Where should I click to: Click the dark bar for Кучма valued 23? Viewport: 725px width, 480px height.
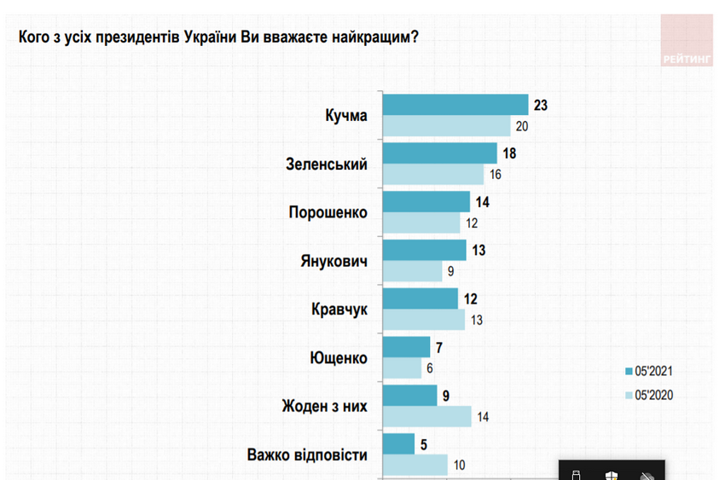pyautogui.click(x=455, y=104)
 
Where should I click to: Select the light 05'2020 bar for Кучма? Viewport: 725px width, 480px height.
pyautogui.click(x=446, y=126)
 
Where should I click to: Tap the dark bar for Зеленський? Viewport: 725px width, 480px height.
pyautogui.click(x=440, y=153)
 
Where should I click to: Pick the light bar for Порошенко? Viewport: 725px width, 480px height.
pyautogui.click(x=422, y=223)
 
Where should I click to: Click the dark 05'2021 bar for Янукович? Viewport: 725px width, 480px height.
pyautogui.click(x=425, y=250)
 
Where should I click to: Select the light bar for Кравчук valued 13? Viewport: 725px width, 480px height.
pyautogui.click(x=424, y=320)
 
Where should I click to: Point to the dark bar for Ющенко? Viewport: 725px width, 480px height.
pyautogui.click(x=407, y=346)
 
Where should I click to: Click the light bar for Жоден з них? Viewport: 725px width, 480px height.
pyautogui.click(x=427, y=417)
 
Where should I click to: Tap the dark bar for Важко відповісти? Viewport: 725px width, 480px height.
pyautogui.click(x=399, y=443)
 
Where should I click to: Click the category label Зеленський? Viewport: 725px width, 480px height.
pyautogui.click(x=325, y=164)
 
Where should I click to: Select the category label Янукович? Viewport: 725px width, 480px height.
pyautogui.click(x=332, y=261)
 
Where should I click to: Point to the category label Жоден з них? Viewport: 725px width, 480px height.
pyautogui.click(x=324, y=406)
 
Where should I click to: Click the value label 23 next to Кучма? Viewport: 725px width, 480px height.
pyautogui.click(x=539, y=105)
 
